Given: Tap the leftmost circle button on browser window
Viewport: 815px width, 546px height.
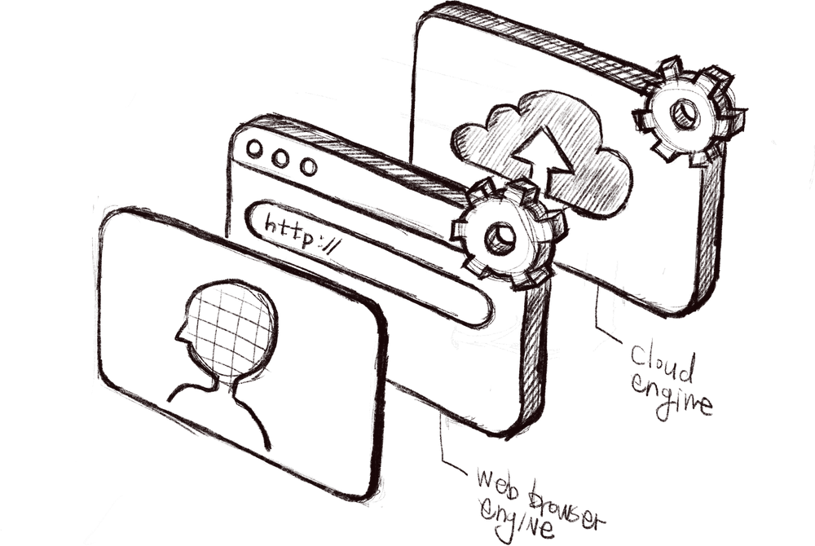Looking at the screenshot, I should pos(255,151).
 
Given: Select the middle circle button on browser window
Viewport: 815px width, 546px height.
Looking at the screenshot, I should pos(280,158).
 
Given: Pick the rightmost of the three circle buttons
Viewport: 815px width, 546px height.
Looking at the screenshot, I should pos(307,166).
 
